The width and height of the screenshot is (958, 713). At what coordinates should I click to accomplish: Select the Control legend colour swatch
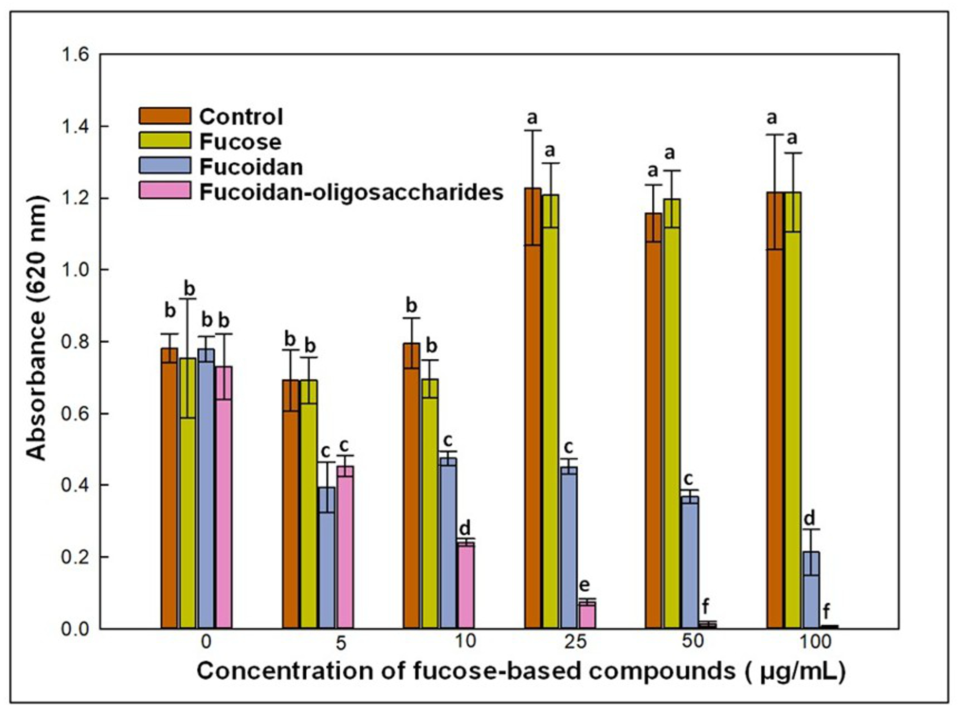165,116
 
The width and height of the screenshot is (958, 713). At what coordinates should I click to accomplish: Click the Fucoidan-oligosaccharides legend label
351,193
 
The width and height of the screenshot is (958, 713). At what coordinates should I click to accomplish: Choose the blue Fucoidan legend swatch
165,166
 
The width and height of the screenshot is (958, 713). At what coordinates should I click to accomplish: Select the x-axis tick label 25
576,642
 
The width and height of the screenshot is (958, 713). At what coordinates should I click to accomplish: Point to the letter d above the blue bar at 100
810,518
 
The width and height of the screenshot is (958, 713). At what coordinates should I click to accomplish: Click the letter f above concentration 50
706,606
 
